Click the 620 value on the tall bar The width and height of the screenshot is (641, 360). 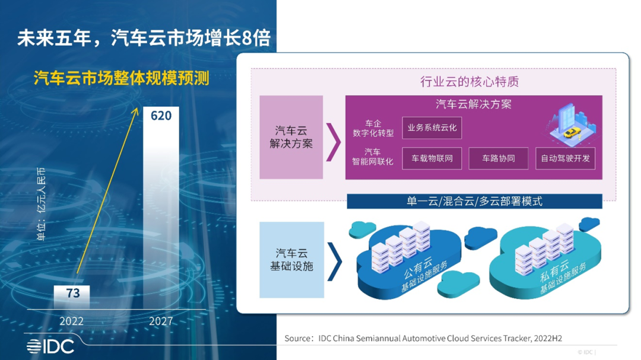(161, 116)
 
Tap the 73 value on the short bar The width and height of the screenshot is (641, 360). (73, 293)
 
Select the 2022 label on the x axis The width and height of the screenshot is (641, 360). (72, 321)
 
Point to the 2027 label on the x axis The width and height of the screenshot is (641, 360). (161, 321)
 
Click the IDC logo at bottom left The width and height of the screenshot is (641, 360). (50, 346)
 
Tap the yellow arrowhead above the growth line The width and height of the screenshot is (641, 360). (135, 111)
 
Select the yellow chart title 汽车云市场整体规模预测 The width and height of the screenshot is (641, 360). (122, 78)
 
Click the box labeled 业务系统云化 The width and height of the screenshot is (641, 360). (432, 128)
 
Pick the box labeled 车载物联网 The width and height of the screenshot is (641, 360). (432, 158)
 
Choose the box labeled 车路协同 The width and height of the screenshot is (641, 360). (499, 158)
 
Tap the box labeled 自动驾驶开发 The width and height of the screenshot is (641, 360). (566, 158)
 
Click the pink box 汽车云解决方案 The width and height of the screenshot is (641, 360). (291, 138)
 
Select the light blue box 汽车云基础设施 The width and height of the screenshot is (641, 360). (292, 260)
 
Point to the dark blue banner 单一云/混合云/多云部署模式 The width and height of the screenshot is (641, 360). (474, 202)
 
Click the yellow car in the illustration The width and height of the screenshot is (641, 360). (572, 132)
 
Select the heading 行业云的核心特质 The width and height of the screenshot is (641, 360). (469, 82)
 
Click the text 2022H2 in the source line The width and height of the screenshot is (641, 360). (548, 338)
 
